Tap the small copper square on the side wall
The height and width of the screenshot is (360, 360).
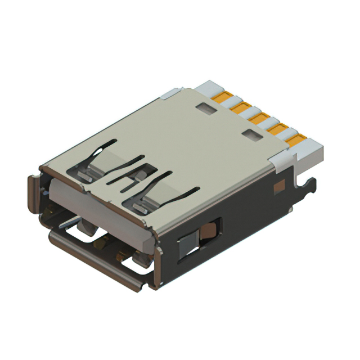[277, 187]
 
